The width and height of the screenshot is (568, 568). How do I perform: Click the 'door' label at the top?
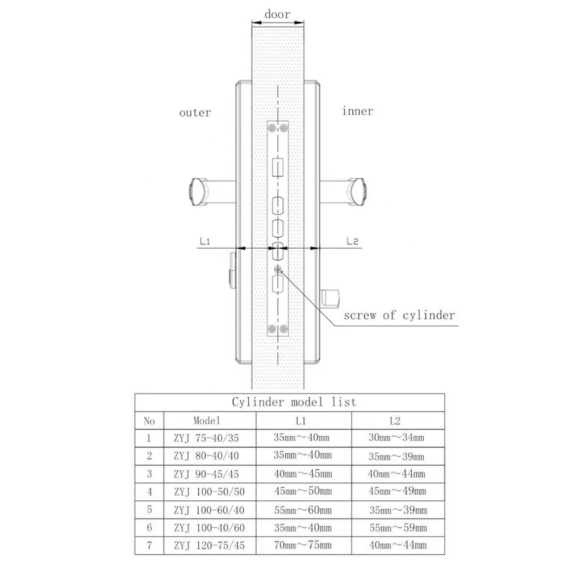coord(277,14)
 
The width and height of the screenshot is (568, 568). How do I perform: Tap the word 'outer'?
coord(195,112)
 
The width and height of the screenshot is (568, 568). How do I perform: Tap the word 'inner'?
coord(358,111)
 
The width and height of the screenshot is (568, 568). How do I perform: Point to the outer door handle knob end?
coord(197,191)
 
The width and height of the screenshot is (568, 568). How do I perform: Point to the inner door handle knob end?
coord(360,191)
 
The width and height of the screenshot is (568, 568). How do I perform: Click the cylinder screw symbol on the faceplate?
coord(278,269)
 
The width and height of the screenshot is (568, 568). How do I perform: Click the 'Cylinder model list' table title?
coord(294,402)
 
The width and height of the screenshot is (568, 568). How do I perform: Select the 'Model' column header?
coord(206,421)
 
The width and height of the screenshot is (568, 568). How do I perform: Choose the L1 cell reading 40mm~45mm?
coord(302,474)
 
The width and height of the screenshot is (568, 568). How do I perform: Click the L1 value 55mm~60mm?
coord(302,509)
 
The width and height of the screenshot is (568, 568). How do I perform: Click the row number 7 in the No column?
coord(149,545)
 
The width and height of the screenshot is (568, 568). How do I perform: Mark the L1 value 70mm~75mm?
coord(302,545)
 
